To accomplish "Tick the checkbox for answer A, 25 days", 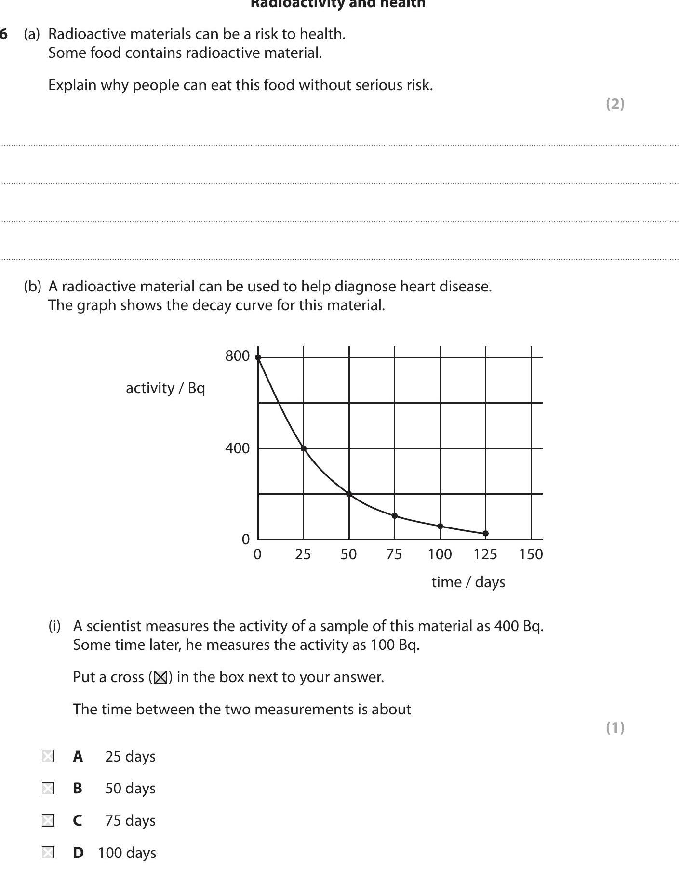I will tap(48, 756).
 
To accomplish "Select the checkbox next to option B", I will tap(48, 789).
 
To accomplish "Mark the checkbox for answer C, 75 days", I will tap(48, 820).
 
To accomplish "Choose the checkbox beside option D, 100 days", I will tap(48, 853).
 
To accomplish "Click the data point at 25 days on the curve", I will tap(304, 448).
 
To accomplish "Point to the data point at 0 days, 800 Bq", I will tap(258, 357).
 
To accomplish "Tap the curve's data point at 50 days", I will tap(349, 494).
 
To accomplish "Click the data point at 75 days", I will tap(395, 516).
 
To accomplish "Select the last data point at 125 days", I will tap(485, 533).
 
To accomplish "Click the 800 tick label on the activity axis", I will tap(237, 356).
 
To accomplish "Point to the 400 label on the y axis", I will tap(237, 448).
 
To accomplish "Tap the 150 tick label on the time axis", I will tap(531, 554).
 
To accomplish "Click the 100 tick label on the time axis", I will tap(440, 554).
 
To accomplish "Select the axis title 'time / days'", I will tap(468, 582).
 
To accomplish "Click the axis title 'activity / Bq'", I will tap(165, 388).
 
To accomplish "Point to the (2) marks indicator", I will tap(615, 104).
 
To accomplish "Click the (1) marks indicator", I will tap(615, 727).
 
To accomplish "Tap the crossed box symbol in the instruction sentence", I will tap(160, 677).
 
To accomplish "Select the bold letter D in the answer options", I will tap(78, 853).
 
